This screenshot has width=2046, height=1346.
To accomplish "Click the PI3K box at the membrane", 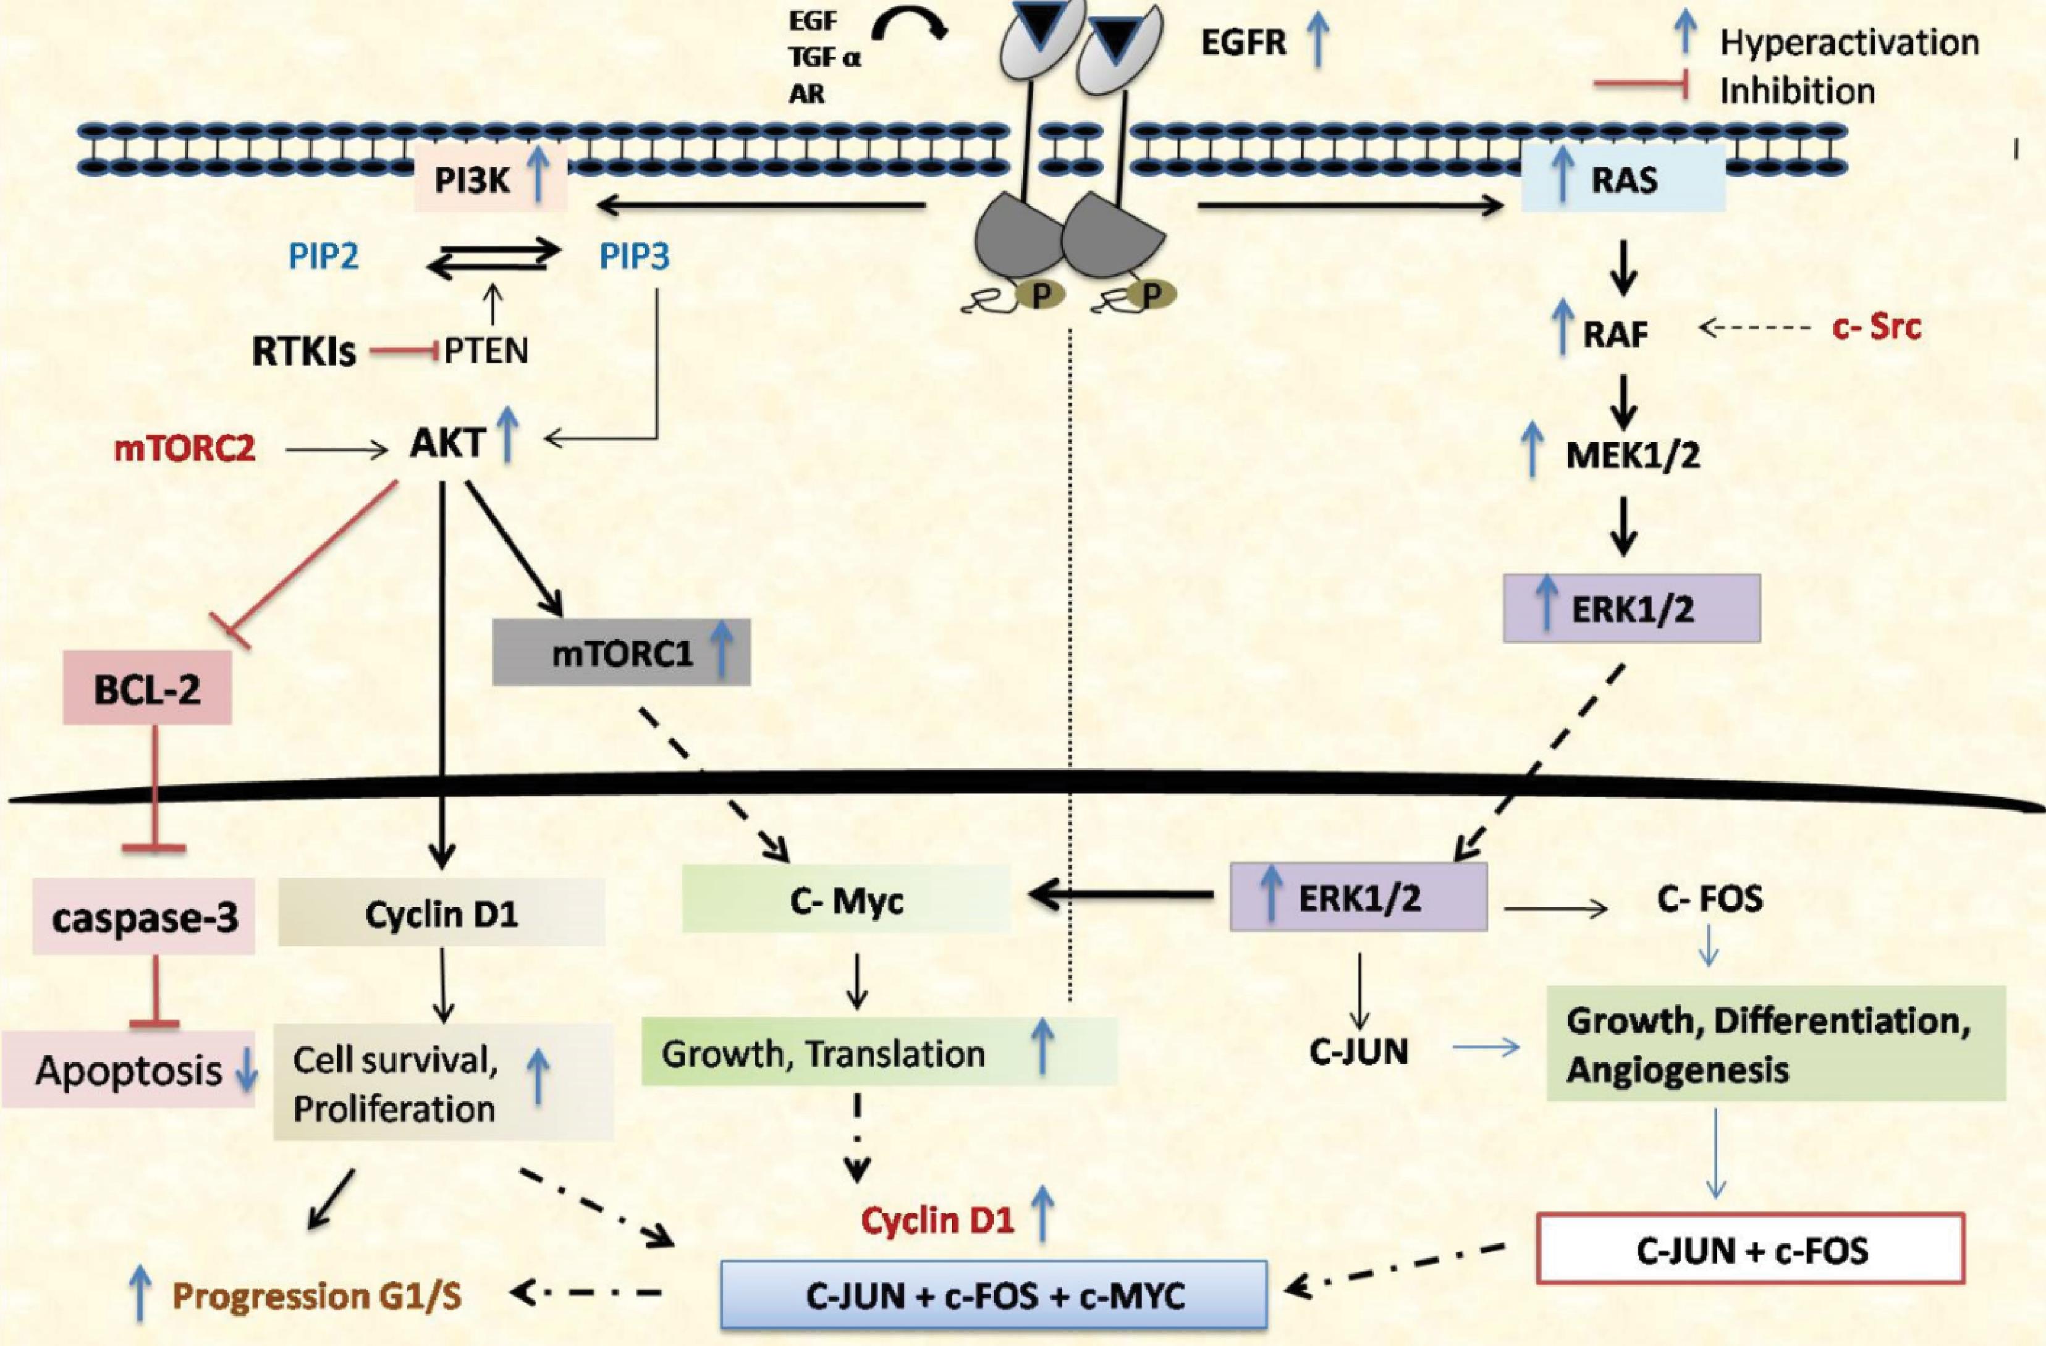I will [x=490, y=180].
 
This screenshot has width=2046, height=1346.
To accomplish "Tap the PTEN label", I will [x=486, y=351].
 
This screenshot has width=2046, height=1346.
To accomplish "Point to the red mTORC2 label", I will [x=184, y=448].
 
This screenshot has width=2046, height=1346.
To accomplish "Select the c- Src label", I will [x=1877, y=327].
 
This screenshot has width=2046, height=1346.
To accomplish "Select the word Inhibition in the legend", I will [x=1797, y=91].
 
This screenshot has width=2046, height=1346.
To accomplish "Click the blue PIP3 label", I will [x=635, y=257].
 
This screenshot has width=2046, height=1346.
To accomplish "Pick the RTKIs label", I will [x=303, y=352].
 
